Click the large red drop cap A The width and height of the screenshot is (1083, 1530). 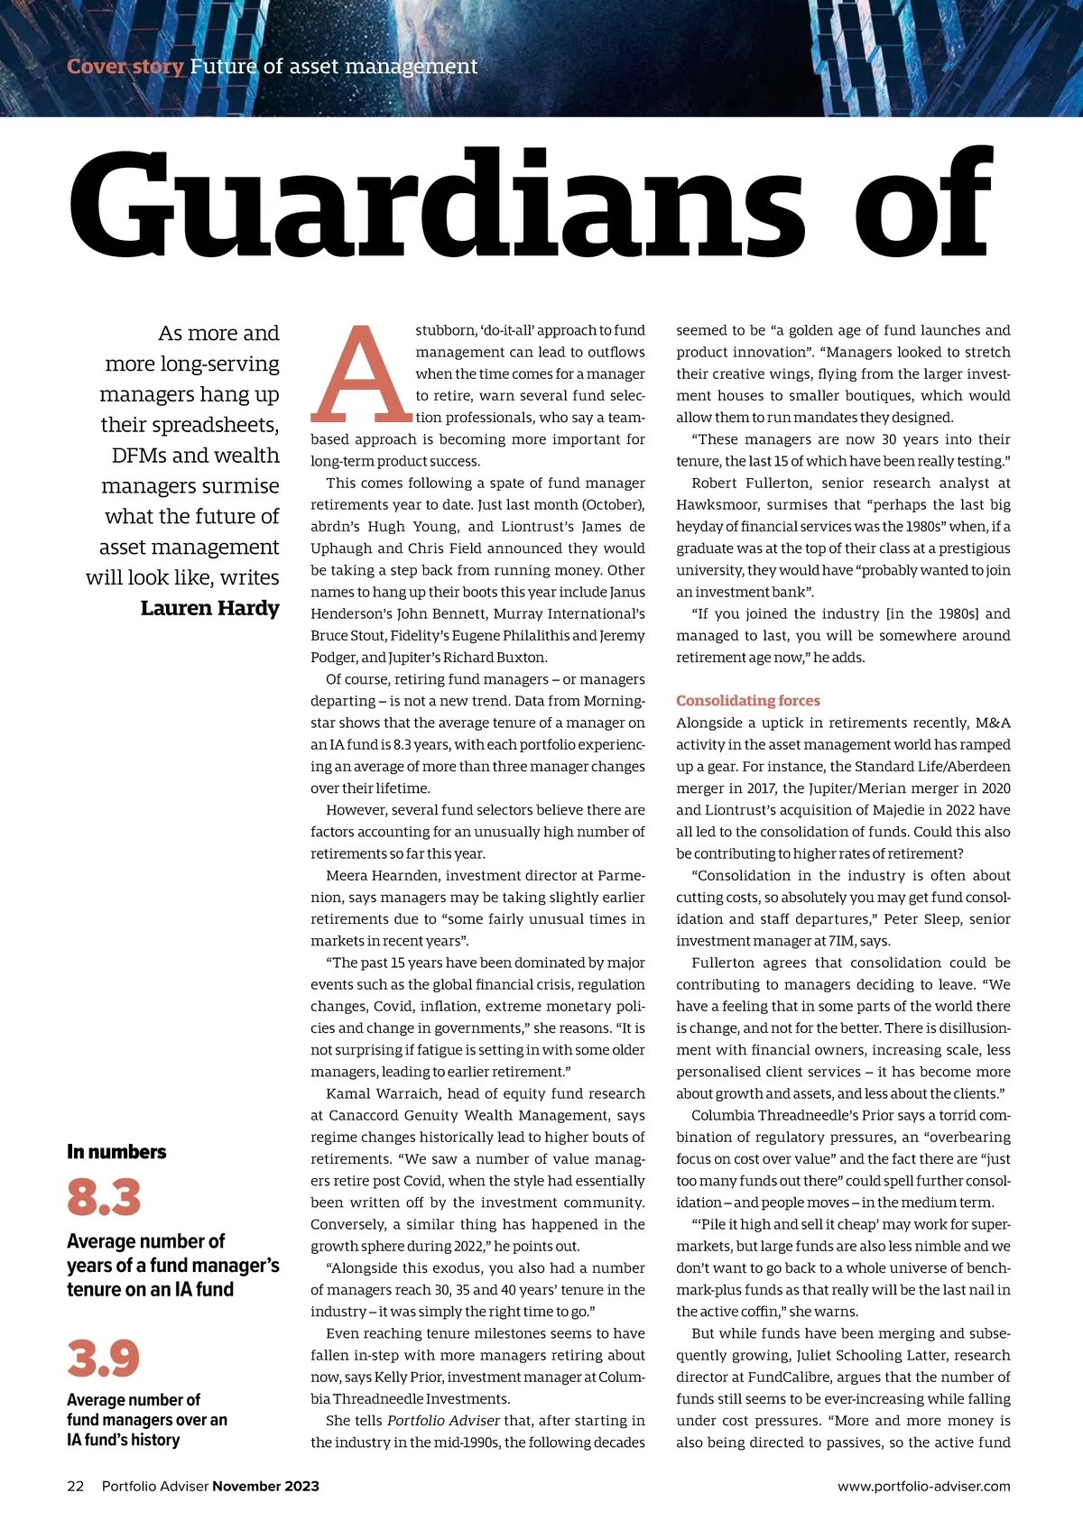361,374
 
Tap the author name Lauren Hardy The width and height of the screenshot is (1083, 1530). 209,608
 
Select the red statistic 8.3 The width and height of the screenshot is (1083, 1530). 104,1197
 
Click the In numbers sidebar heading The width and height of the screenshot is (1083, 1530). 116,1152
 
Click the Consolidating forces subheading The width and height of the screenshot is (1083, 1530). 747,701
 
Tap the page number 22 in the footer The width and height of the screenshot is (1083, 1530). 75,1487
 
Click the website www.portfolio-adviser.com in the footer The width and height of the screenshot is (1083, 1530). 923,1487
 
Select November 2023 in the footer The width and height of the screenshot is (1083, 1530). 265,1487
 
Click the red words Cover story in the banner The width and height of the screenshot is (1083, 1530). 125,67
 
